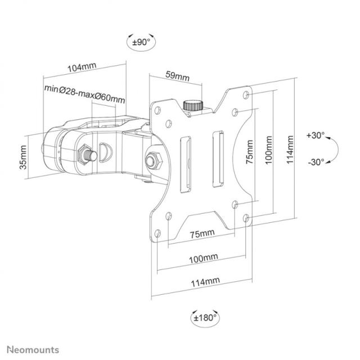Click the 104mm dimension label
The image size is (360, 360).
tap(82, 67)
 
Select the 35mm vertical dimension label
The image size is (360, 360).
tap(23, 158)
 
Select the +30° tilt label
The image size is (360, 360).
tap(316, 136)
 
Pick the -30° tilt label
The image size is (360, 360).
tap(316, 162)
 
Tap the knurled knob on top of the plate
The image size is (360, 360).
tap(194, 105)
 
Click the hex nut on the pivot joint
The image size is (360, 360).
tap(153, 160)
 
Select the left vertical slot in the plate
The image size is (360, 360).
tap(183, 164)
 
